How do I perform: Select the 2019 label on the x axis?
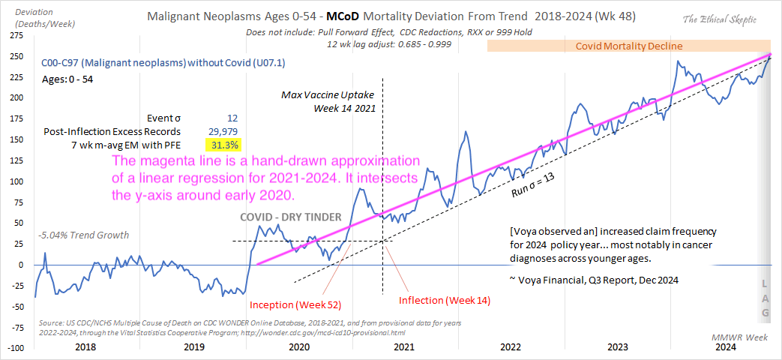(195, 347)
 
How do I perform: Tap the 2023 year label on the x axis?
(616, 347)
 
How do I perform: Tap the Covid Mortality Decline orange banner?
(628, 46)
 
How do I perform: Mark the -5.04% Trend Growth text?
(82, 235)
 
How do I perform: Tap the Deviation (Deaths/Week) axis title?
(38, 18)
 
